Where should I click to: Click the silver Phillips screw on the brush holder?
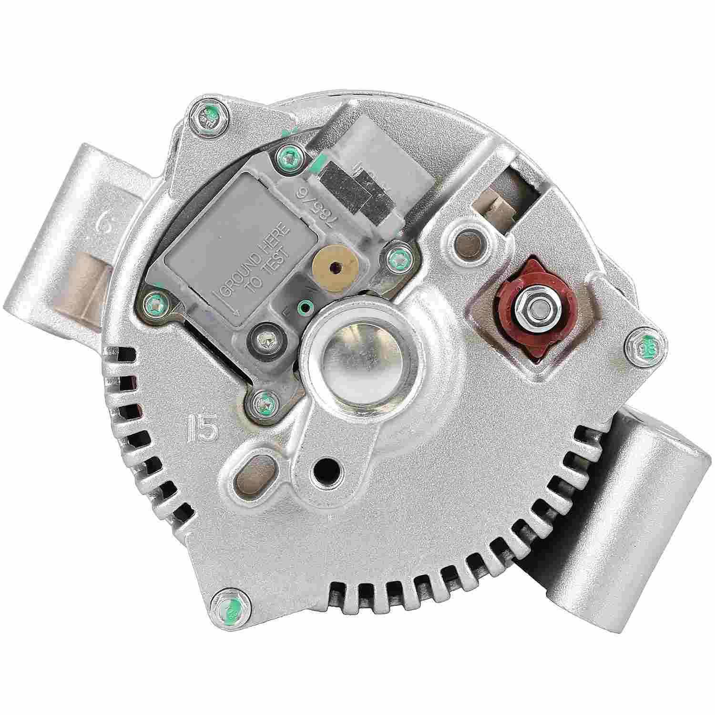pos(265,340)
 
